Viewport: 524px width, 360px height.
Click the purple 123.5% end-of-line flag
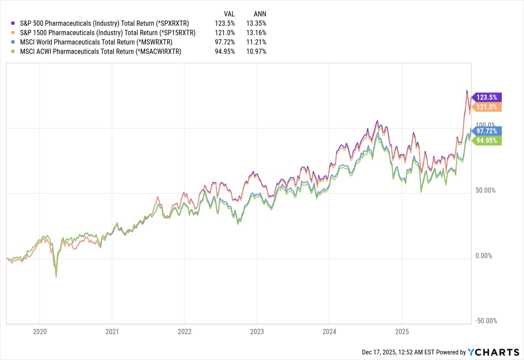tap(488, 97)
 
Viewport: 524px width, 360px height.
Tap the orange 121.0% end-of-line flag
tap(488, 107)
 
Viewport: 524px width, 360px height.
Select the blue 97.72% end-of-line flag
tap(488, 131)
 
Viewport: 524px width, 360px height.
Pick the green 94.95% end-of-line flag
tap(488, 140)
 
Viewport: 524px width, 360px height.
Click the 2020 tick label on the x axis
tap(39, 331)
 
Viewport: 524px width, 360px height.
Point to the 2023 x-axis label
tap(257, 331)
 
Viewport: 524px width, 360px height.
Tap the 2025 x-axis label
tap(402, 331)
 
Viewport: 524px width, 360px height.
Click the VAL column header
tap(229, 14)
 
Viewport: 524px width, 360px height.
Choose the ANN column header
tap(260, 14)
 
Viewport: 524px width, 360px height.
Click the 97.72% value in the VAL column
tap(226, 42)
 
